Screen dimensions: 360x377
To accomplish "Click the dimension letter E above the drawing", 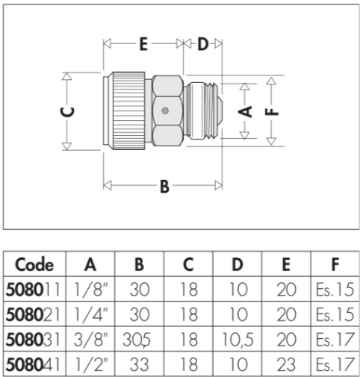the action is [143, 44].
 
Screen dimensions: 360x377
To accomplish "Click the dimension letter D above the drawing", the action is [203, 44].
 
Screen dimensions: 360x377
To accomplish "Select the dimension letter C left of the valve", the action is [67, 112].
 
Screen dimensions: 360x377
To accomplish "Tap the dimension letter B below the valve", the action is [164, 186].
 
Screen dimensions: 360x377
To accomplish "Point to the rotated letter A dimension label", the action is [245, 111].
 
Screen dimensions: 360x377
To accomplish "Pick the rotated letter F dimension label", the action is [272, 112].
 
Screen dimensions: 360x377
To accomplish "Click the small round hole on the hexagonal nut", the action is [165, 110].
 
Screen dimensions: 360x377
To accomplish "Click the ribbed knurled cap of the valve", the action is [128, 110].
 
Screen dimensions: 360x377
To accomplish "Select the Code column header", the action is [34, 264].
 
